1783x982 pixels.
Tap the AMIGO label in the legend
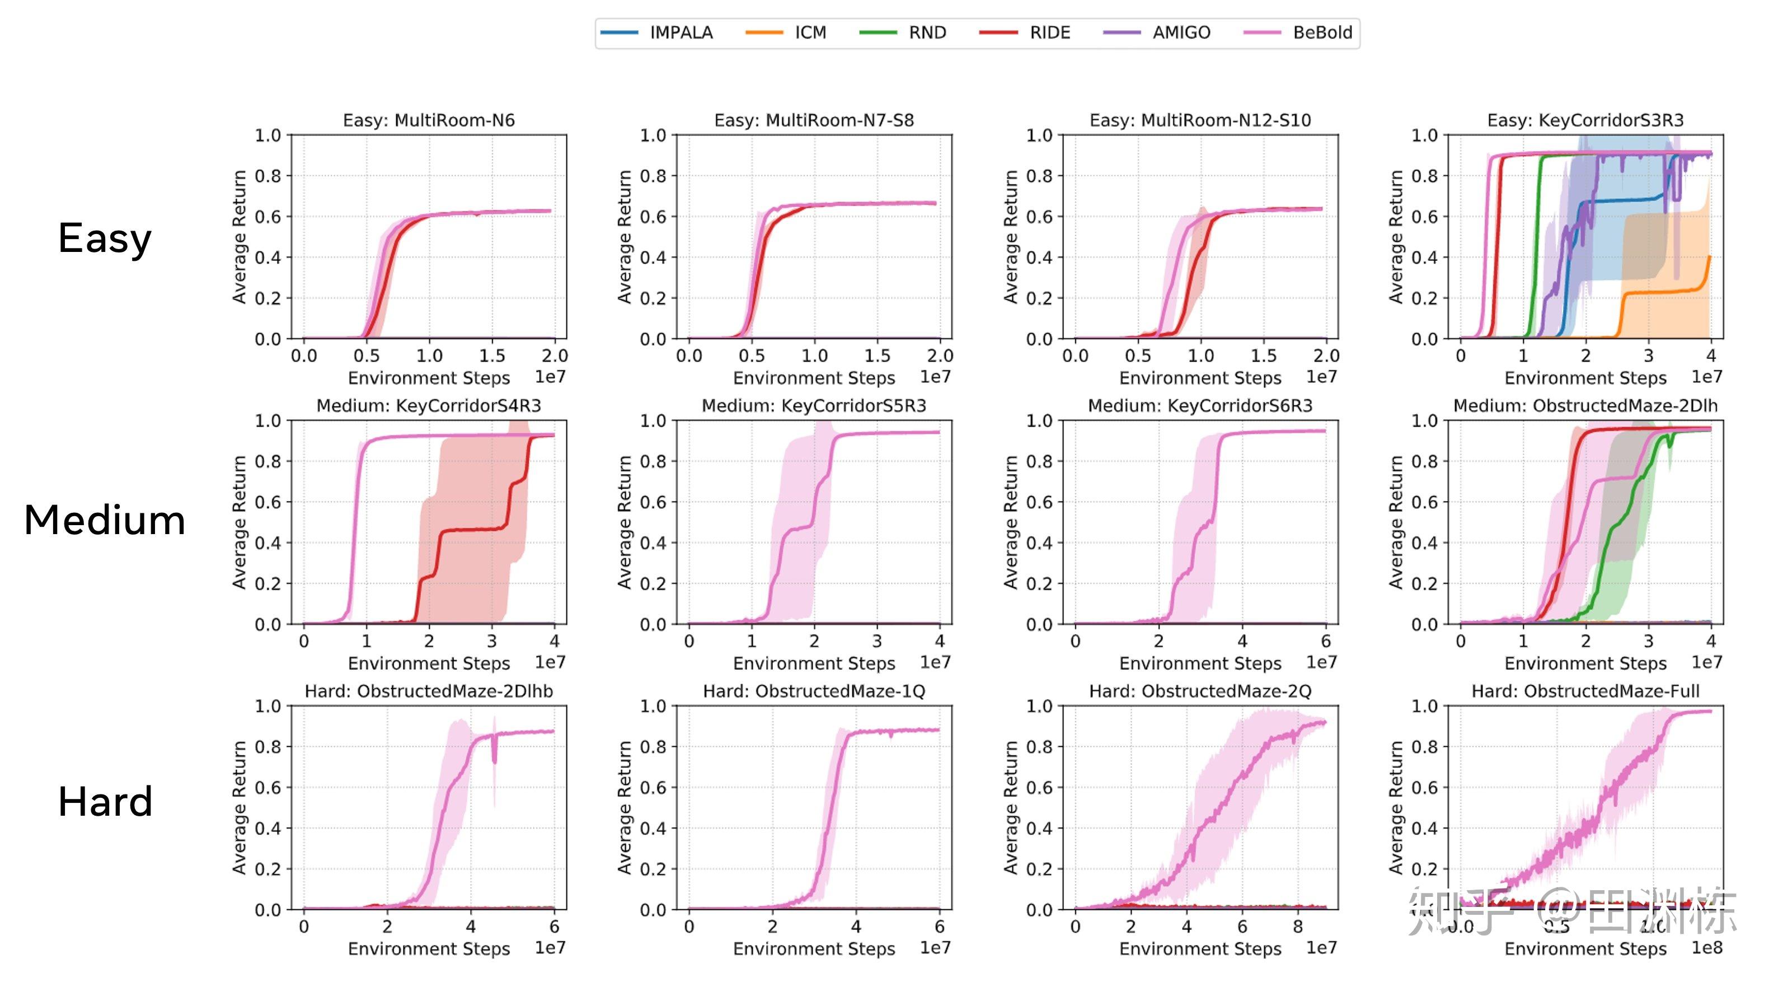[x=1181, y=32]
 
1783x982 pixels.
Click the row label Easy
[x=105, y=239]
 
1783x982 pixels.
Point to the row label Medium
[x=105, y=520]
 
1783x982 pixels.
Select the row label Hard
[x=105, y=802]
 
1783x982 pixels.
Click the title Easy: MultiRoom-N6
[x=429, y=120]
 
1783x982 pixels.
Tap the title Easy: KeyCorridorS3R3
[x=1585, y=120]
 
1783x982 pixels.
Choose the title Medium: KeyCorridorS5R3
[x=813, y=406]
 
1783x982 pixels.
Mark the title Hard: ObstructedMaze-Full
[x=1585, y=691]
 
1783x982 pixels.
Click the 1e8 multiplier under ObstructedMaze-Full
[x=1706, y=947]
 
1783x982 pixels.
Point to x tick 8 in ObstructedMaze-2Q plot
[x=1298, y=927]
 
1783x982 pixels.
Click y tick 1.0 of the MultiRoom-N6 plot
[x=268, y=135]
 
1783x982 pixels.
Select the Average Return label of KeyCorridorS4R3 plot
[x=240, y=523]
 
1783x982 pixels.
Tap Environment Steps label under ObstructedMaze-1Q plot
[x=813, y=949]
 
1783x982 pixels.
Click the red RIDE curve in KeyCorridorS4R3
[x=471, y=530]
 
